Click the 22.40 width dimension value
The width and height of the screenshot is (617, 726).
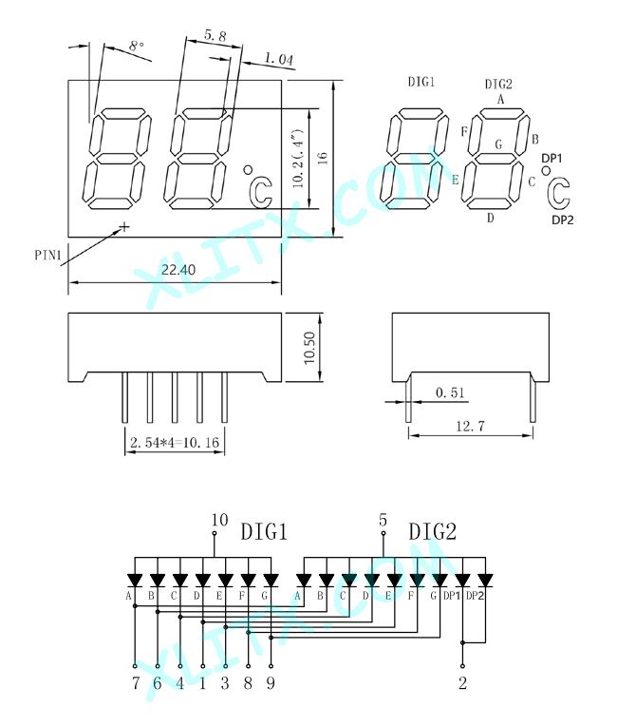pyautogui.click(x=178, y=270)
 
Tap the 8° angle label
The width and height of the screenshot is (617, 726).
pyautogui.click(x=137, y=46)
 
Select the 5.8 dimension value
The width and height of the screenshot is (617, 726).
pyautogui.click(x=215, y=35)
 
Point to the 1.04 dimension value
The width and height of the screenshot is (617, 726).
pyautogui.click(x=278, y=59)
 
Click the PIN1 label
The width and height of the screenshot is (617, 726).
pyautogui.click(x=48, y=255)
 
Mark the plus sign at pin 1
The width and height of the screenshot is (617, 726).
pyautogui.click(x=124, y=226)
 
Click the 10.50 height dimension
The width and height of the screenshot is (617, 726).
pyautogui.click(x=309, y=348)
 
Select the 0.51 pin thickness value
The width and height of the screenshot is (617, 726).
pyautogui.click(x=450, y=392)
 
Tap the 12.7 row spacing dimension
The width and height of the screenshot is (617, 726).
pyautogui.click(x=471, y=426)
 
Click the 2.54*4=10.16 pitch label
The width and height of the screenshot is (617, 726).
pyautogui.click(x=175, y=442)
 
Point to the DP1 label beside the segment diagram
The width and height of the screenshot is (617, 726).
pyautogui.click(x=552, y=159)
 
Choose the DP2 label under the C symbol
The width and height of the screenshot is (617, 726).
pyautogui.click(x=563, y=220)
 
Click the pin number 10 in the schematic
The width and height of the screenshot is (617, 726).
pyautogui.click(x=219, y=520)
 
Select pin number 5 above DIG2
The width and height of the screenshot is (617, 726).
pyautogui.click(x=383, y=520)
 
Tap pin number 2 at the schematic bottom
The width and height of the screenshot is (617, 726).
pyautogui.click(x=462, y=682)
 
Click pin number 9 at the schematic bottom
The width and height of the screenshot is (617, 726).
pyautogui.click(x=271, y=682)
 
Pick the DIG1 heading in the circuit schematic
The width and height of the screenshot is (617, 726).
pyautogui.click(x=264, y=531)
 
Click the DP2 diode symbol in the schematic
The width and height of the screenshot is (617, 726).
pyautogui.click(x=485, y=581)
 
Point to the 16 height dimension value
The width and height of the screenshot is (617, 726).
pyautogui.click(x=323, y=158)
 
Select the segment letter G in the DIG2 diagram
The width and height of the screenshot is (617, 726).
pyautogui.click(x=498, y=144)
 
